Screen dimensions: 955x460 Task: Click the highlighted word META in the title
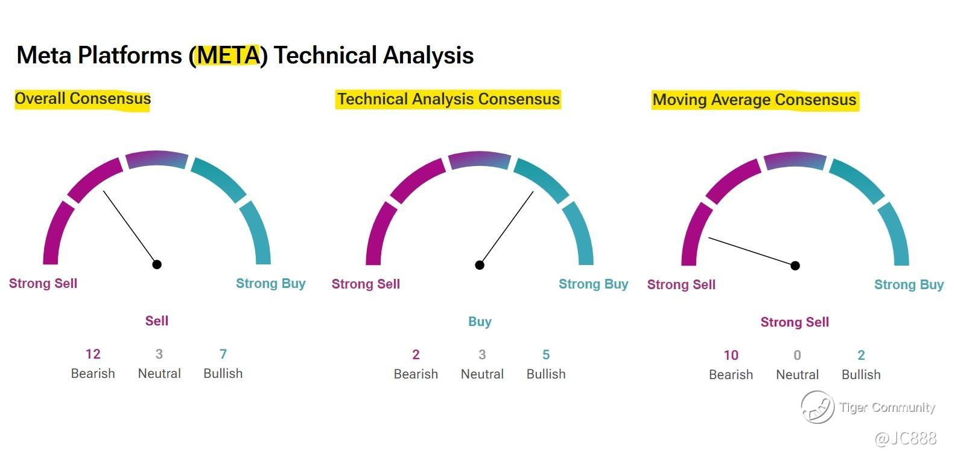click(x=228, y=56)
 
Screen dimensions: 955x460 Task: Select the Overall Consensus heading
click(x=83, y=98)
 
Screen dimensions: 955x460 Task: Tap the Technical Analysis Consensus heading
click(x=448, y=99)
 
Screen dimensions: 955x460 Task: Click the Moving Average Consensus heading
click(x=754, y=100)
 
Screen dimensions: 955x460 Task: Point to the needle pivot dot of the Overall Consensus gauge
click(x=157, y=264)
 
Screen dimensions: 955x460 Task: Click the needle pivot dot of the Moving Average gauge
click(x=795, y=266)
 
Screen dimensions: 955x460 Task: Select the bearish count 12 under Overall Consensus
click(x=93, y=354)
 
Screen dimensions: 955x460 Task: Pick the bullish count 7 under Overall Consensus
click(x=223, y=354)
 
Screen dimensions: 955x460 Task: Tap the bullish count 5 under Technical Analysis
click(x=546, y=354)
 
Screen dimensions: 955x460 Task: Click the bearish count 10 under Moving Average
click(x=731, y=355)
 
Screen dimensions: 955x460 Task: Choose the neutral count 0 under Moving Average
click(x=798, y=355)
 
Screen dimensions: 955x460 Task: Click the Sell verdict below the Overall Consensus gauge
click(x=157, y=321)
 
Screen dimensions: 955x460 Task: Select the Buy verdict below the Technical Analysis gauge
click(x=480, y=321)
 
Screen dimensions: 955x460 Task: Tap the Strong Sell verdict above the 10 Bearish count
click(x=795, y=322)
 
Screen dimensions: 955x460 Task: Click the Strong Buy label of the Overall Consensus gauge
click(x=271, y=283)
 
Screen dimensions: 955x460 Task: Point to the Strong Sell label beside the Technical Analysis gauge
click(x=366, y=284)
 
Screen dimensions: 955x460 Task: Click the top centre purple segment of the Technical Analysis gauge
click(x=480, y=159)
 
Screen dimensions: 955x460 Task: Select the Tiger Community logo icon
click(x=817, y=407)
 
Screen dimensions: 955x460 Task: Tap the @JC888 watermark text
click(x=905, y=438)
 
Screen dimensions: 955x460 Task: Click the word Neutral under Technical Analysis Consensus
click(x=482, y=374)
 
